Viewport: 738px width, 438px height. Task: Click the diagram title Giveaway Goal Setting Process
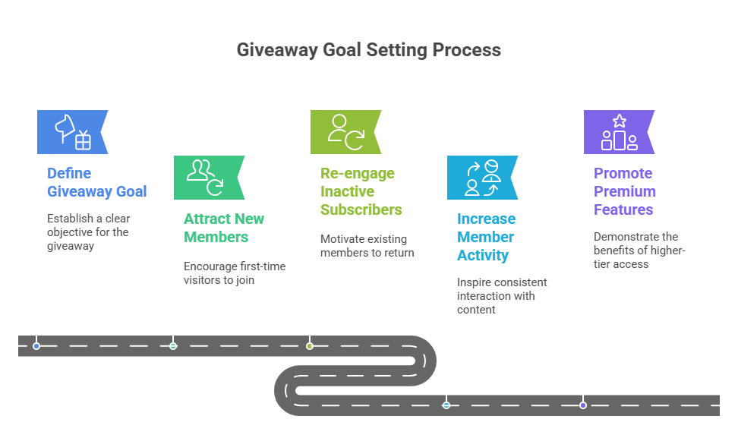368,50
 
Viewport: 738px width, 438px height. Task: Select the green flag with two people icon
207,178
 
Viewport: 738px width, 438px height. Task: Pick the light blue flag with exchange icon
481,178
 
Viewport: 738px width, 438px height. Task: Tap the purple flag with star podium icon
617,132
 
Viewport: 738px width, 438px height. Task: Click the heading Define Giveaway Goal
96,182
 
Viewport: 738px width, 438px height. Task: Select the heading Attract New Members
224,228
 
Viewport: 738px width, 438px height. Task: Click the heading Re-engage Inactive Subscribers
361,191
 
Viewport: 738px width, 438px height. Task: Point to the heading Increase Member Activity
486,237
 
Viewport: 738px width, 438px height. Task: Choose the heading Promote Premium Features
625,191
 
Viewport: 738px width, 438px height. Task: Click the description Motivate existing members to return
367,245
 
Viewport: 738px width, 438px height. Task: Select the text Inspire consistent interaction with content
501,295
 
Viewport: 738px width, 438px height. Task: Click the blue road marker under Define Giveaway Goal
36,345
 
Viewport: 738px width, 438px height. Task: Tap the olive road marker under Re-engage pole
310,345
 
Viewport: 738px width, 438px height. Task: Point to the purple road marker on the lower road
583,405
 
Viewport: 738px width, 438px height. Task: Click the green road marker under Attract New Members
173,345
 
